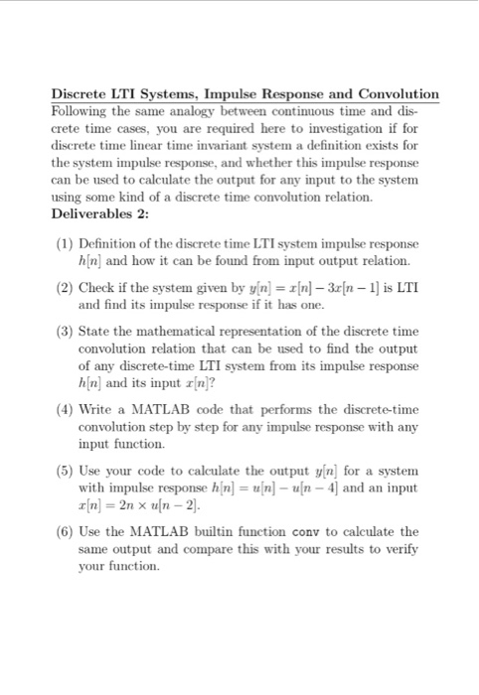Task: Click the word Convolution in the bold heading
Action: click(392, 93)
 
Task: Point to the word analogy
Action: click(198, 111)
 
